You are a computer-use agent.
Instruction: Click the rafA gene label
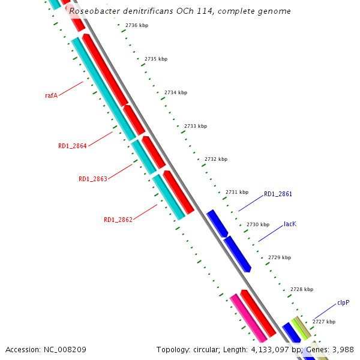click(x=51, y=95)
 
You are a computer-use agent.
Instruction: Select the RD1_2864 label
click(x=72, y=146)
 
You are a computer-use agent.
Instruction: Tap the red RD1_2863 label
click(x=92, y=179)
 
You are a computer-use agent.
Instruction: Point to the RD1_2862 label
click(x=118, y=220)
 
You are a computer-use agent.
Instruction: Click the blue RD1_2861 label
click(x=278, y=194)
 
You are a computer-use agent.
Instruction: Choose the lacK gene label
click(x=290, y=224)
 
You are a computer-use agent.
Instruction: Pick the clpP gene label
click(x=343, y=303)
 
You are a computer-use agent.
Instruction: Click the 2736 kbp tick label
click(x=136, y=25)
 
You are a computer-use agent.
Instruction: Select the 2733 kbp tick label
click(x=195, y=126)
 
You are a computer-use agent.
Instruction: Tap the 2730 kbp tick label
click(x=257, y=224)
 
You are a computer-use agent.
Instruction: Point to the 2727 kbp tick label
click(x=323, y=322)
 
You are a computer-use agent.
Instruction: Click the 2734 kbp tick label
click(x=175, y=93)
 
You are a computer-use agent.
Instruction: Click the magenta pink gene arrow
click(x=248, y=317)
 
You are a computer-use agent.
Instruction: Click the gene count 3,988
click(x=343, y=349)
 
